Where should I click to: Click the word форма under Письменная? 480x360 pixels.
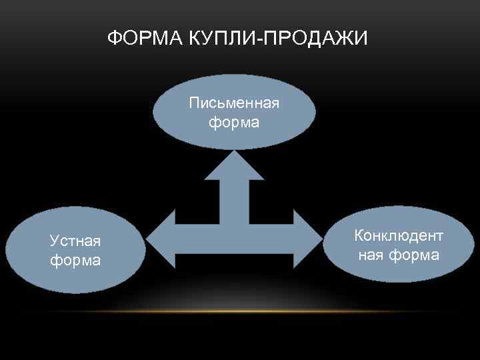[234, 123]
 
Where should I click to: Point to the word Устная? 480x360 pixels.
[75, 241]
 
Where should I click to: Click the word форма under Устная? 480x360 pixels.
[75, 260]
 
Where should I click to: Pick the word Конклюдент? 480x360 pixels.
[399, 236]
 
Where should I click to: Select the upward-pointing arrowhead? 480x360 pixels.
[234, 167]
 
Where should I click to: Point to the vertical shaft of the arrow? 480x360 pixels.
[234, 200]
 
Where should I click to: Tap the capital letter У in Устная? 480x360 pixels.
[54, 241]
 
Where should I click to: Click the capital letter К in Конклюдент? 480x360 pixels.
[359, 236]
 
